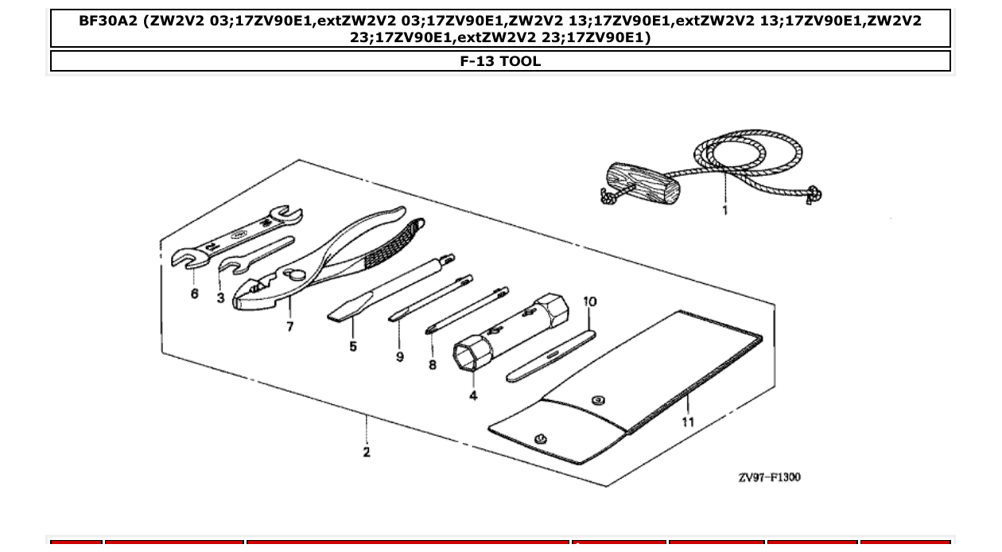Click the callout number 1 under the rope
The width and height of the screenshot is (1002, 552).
724,211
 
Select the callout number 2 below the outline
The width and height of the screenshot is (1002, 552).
366,452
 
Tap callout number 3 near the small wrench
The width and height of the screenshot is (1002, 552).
220,297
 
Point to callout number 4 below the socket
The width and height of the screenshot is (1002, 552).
473,395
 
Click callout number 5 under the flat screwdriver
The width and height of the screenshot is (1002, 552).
352,346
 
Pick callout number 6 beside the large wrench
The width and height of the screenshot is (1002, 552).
195,293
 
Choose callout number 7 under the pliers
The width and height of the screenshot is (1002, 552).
289,326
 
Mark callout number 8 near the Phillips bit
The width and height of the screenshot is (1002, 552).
432,364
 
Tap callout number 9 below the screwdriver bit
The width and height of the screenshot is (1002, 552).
399,357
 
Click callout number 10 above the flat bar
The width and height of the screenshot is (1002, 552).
589,302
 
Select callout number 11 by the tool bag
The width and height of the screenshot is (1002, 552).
687,422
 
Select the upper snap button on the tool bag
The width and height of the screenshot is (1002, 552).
599,400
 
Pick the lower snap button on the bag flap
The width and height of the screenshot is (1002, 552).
542,438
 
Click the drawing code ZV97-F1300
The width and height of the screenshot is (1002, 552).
769,477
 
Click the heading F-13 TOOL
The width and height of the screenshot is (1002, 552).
500,61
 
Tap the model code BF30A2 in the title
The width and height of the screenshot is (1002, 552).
109,21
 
